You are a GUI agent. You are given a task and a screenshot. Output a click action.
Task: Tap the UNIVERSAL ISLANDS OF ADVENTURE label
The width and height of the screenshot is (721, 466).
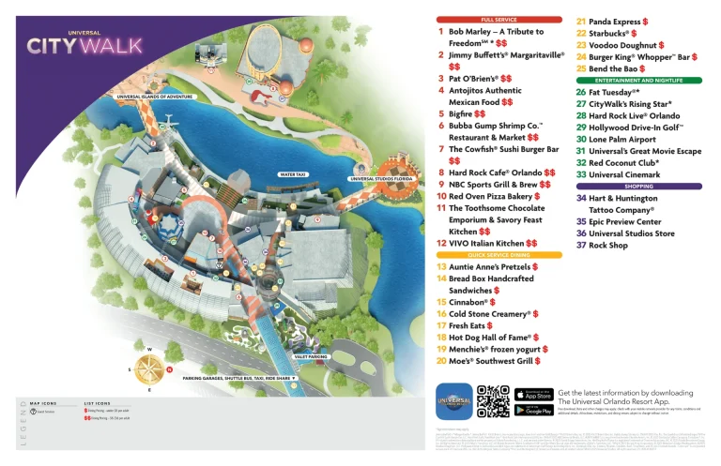click(x=154, y=97)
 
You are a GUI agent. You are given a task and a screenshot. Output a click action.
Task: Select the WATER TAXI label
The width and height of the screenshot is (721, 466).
click(x=293, y=174)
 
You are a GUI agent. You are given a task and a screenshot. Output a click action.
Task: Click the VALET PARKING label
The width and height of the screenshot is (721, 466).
click(x=311, y=356)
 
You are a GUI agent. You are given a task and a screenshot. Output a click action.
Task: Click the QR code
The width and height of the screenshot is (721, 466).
click(x=492, y=400)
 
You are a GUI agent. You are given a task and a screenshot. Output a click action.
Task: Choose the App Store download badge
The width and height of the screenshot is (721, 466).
click(x=533, y=393)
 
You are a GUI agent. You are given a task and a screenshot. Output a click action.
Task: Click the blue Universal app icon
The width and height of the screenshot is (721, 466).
click(x=453, y=400)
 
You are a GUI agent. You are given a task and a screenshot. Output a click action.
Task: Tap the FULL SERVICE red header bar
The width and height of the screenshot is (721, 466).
click(x=499, y=20)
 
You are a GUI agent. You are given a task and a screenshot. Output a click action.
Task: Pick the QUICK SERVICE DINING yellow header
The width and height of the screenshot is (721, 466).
click(x=499, y=255)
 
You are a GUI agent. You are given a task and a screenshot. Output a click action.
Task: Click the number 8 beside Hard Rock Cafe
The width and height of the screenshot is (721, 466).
click(x=441, y=173)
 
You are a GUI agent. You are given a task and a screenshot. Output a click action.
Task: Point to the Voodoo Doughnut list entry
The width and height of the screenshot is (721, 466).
click(x=621, y=44)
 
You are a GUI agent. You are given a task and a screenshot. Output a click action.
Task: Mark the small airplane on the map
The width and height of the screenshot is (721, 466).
click(x=167, y=122)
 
